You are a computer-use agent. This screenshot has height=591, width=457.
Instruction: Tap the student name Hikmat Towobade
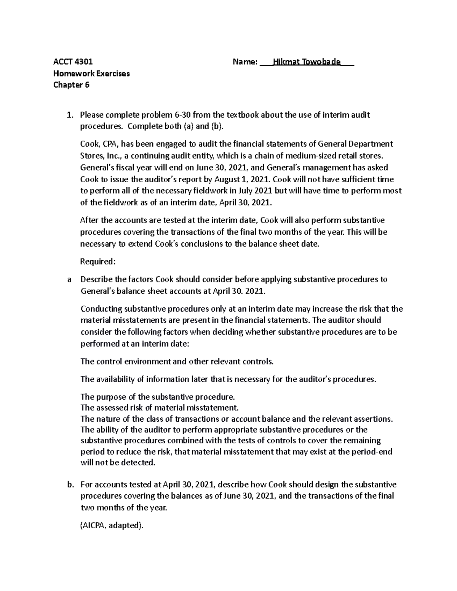[x=310, y=62]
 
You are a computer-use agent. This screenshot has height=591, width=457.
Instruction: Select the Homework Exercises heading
[x=91, y=73]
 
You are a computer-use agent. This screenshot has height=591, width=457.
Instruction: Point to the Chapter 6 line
[x=71, y=85]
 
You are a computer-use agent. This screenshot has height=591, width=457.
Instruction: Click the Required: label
[x=97, y=262]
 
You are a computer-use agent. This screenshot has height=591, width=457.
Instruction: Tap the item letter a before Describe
[x=69, y=280]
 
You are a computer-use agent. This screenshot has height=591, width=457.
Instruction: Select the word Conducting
[x=101, y=309]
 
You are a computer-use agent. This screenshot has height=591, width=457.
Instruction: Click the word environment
[x=147, y=362]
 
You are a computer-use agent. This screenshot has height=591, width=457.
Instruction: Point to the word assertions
[x=375, y=419]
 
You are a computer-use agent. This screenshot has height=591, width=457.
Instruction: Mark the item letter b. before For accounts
[x=70, y=485]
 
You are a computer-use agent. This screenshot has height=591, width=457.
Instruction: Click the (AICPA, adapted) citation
[x=112, y=526]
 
